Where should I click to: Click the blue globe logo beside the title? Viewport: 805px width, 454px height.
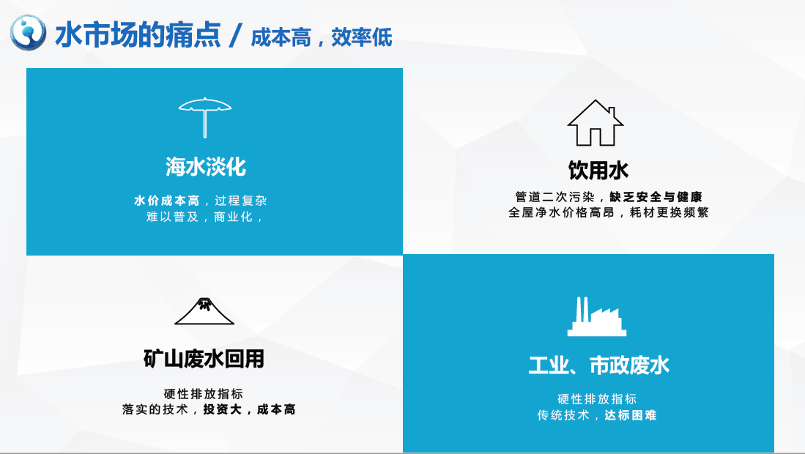[x=29, y=33]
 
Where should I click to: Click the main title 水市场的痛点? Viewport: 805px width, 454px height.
[x=138, y=35]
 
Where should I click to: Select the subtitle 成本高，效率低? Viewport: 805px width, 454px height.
[x=322, y=37]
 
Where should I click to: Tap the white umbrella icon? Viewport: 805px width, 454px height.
[x=205, y=117]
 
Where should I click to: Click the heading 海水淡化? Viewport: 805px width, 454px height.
[x=206, y=167]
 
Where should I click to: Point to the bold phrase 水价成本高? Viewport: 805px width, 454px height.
[x=167, y=201]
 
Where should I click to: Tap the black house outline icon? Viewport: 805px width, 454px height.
[x=595, y=122]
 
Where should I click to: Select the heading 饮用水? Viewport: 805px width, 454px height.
[x=598, y=171]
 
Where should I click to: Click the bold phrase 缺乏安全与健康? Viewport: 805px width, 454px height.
[x=656, y=197]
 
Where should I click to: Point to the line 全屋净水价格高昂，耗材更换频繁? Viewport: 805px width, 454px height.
[x=609, y=212]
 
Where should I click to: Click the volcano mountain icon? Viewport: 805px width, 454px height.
[x=204, y=311]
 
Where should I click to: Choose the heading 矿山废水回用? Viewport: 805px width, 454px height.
[x=204, y=359]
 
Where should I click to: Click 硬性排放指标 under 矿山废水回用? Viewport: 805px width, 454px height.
[x=204, y=394]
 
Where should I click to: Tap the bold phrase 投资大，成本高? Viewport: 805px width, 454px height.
[x=250, y=409]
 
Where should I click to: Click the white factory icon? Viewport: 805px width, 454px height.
[x=596, y=316]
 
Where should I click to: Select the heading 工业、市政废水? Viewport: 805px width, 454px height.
[x=599, y=365]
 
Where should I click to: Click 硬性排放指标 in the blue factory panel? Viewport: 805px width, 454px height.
[x=597, y=399]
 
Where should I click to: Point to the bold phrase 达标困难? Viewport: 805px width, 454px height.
[x=631, y=415]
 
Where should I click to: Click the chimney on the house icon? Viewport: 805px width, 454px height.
[x=612, y=112]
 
